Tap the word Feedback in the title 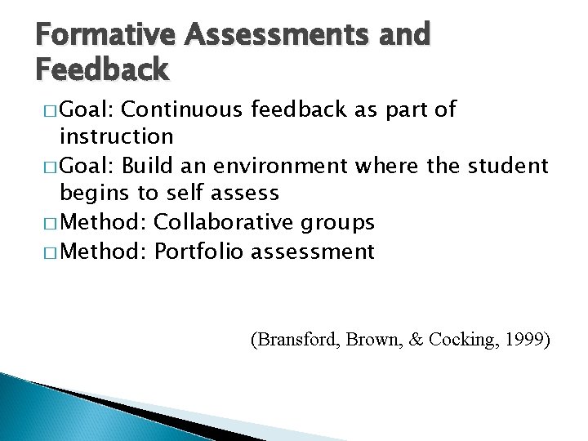pos(103,71)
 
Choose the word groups pos(346,222)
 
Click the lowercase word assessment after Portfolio pos(313,252)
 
